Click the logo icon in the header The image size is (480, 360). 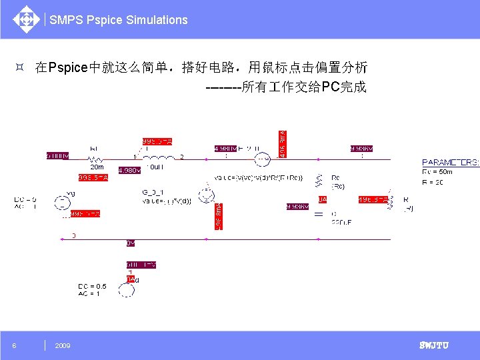(26, 19)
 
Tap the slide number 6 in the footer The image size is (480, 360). (15, 345)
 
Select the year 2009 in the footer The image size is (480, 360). (63, 345)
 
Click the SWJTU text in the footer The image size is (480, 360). (433, 345)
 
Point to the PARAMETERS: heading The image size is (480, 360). (450, 162)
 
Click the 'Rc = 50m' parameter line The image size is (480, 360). (437, 171)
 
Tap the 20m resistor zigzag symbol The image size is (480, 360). (96, 159)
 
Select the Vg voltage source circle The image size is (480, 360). (62, 202)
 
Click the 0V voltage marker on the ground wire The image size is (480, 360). (131, 243)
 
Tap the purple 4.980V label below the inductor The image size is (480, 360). (129, 171)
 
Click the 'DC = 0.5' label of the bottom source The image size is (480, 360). (92, 286)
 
